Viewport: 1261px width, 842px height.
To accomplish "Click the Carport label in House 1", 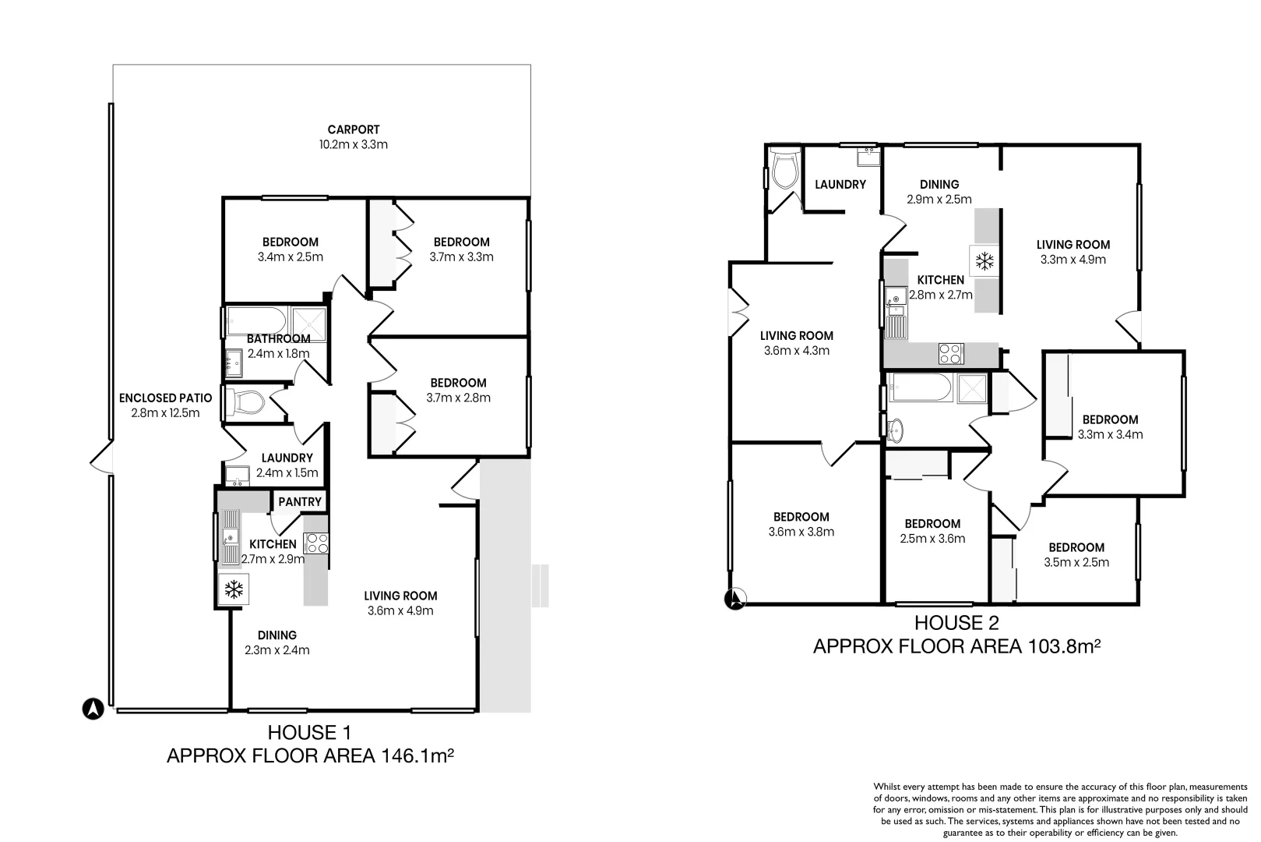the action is pos(354,129).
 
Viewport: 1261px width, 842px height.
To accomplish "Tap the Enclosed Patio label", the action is pos(165,398).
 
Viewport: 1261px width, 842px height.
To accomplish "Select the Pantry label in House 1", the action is pos(300,501).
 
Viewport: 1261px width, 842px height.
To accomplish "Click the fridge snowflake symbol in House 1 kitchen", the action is pos(234,589).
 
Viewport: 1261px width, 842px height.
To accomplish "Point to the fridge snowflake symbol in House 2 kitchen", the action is pos(984,261).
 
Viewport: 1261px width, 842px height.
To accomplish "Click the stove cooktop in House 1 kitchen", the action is pos(315,543).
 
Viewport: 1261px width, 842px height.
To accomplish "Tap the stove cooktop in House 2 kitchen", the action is pos(951,354).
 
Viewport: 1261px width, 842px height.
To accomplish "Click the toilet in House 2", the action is pos(785,168).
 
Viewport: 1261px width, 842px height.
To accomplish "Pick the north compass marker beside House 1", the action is pos(93,709).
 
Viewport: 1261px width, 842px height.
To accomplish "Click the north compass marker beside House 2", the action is pos(735,599).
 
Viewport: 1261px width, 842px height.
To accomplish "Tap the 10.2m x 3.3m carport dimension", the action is pos(354,144).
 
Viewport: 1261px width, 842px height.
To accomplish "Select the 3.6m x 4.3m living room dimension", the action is pos(797,351).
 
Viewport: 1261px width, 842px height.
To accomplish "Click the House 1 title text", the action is pos(310,733).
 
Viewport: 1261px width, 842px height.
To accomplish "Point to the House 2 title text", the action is pos(956,623).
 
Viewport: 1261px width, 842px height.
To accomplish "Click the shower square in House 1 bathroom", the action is pos(309,324).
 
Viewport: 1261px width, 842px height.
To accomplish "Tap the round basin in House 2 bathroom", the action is pos(894,430).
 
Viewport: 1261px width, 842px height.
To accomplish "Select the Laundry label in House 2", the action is pos(840,184).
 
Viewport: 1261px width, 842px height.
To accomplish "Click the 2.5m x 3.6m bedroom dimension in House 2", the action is pos(932,538).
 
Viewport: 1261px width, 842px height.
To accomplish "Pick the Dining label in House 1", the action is pos(277,635).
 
